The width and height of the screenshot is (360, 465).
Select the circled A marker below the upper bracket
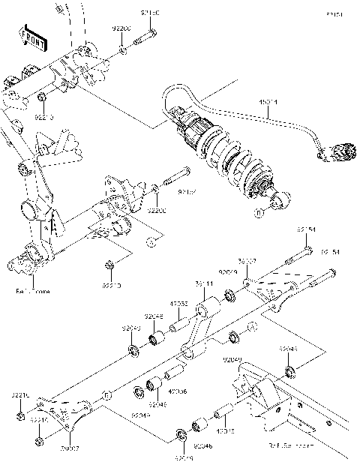tap(150, 241)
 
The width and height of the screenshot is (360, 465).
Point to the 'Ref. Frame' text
tap(31, 290)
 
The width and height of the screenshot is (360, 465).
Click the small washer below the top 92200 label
tap(122, 51)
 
